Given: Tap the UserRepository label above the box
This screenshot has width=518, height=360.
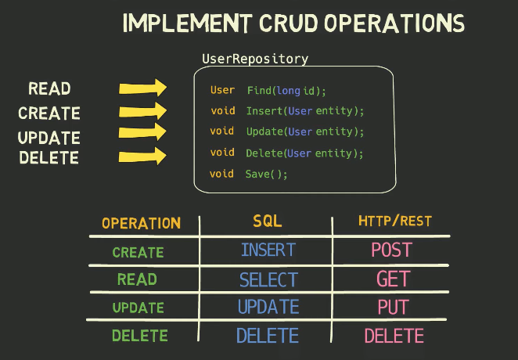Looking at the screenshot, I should pyautogui.click(x=255, y=59).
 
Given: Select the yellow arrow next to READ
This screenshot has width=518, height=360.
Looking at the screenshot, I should pyautogui.click(x=143, y=87).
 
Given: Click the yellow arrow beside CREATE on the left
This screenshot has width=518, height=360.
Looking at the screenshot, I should pyautogui.click(x=143, y=110).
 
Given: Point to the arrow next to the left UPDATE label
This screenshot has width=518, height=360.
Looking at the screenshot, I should pyautogui.click(x=143, y=131).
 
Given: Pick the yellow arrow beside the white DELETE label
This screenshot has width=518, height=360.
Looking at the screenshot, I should pyautogui.click(x=143, y=157).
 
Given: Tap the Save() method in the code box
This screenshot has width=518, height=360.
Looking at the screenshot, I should pyautogui.click(x=267, y=174).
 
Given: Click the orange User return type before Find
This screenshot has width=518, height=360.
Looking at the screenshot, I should pyautogui.click(x=222, y=90).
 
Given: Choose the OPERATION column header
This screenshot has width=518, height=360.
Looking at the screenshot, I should pyautogui.click(x=141, y=223).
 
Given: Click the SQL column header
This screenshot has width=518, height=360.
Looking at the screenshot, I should pyautogui.click(x=267, y=222).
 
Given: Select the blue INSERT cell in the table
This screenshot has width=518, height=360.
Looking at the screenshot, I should pyautogui.click(x=268, y=250).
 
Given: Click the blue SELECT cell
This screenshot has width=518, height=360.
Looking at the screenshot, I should pyautogui.click(x=268, y=279).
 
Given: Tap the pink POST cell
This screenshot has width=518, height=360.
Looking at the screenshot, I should pyautogui.click(x=391, y=250).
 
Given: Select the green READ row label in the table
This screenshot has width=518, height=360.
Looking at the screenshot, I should pyautogui.click(x=137, y=279).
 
